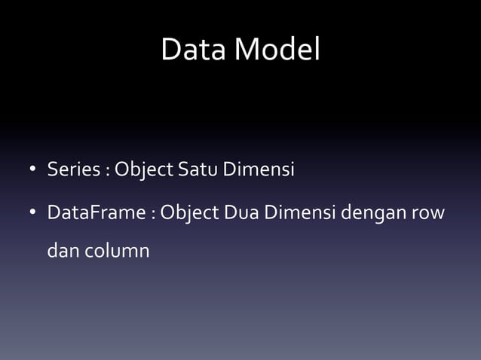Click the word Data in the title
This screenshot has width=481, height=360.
195,50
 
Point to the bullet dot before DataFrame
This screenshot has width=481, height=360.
33,214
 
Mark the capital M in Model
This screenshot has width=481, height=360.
247,50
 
